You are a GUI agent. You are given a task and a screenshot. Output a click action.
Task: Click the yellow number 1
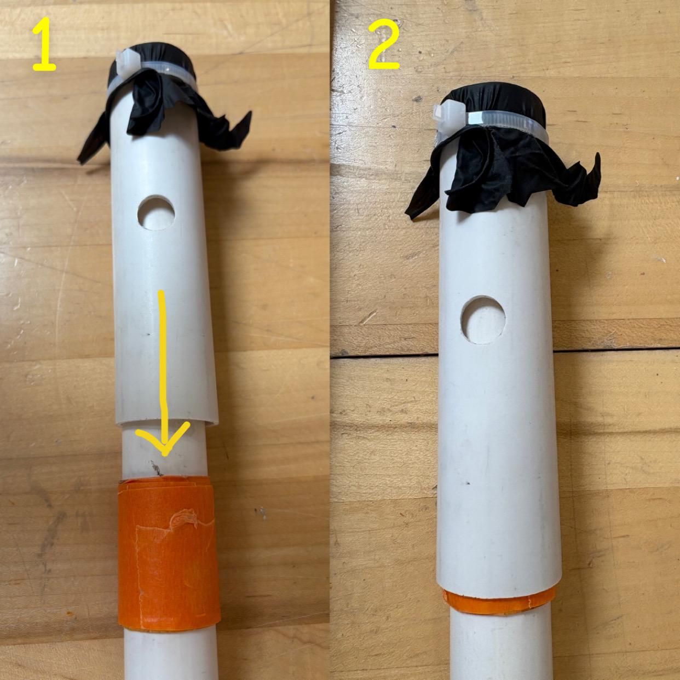45,47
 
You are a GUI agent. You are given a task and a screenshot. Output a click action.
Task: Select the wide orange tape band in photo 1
168,553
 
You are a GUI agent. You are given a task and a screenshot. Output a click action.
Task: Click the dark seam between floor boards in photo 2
383,353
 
